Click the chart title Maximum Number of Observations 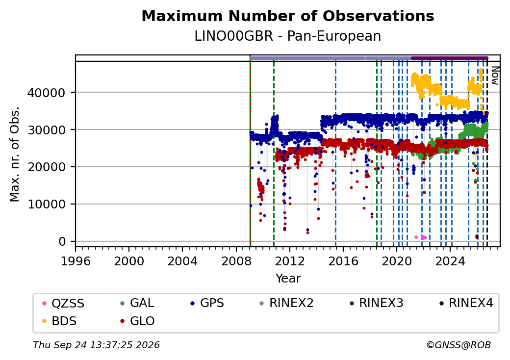[x=288, y=16]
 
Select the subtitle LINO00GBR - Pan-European [x=288, y=36]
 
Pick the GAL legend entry [x=137, y=303]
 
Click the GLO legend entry [x=137, y=321]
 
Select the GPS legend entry [x=207, y=303]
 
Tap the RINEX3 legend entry [x=376, y=303]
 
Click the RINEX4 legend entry [x=466, y=303]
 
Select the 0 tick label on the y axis [x=62, y=242]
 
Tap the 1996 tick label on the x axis [x=76, y=261]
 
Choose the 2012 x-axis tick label [x=289, y=261]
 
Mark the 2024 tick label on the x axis [x=450, y=261]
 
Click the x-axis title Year [x=288, y=279]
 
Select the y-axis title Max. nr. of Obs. [x=15, y=154]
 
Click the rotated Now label [x=495, y=76]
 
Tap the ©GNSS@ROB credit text [x=459, y=345]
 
